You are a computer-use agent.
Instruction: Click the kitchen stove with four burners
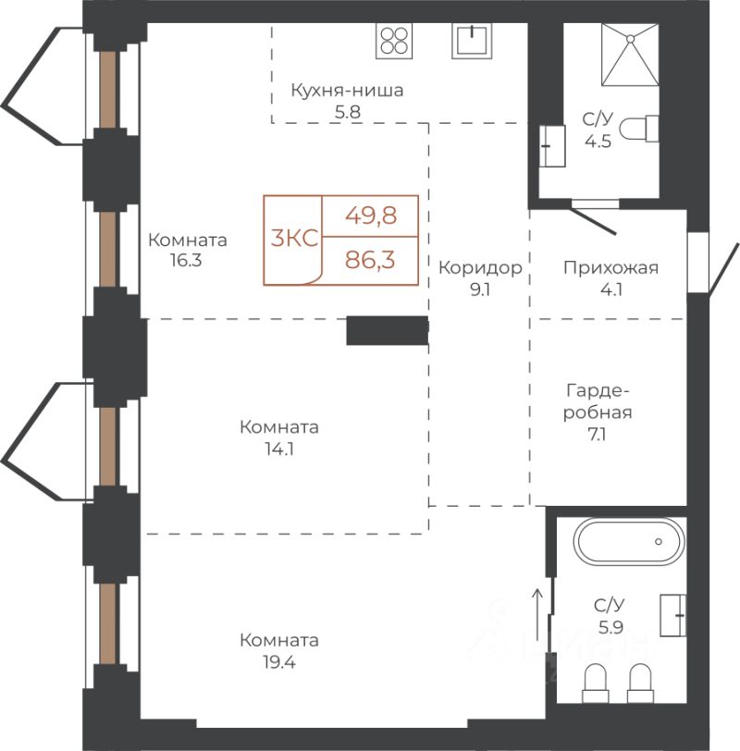click(x=394, y=41)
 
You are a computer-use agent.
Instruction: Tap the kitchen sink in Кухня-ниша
click(x=472, y=41)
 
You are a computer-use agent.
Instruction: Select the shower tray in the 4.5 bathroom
click(x=630, y=55)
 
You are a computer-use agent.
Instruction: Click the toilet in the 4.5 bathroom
click(x=639, y=129)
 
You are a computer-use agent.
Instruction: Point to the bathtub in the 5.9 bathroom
click(x=629, y=542)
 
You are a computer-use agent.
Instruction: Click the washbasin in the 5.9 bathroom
click(x=673, y=615)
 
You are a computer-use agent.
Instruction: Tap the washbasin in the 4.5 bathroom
click(x=552, y=146)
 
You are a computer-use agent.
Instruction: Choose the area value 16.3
click(x=186, y=261)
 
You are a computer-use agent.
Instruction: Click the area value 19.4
click(x=278, y=662)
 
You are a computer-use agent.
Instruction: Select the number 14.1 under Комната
click(x=279, y=449)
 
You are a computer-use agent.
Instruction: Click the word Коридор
click(x=480, y=267)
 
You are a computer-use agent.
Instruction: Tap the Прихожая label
click(x=610, y=267)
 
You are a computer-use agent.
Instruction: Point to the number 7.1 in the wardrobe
click(x=597, y=435)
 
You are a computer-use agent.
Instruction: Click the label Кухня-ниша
click(x=347, y=90)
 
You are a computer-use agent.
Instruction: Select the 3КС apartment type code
click(x=294, y=238)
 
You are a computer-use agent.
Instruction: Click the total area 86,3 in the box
click(x=370, y=260)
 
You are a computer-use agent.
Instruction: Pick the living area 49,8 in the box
click(x=371, y=215)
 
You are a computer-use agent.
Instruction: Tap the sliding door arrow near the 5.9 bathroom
click(x=537, y=615)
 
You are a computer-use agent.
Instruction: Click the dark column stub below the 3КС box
click(x=387, y=330)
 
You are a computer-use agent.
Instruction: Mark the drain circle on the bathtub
click(x=659, y=542)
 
